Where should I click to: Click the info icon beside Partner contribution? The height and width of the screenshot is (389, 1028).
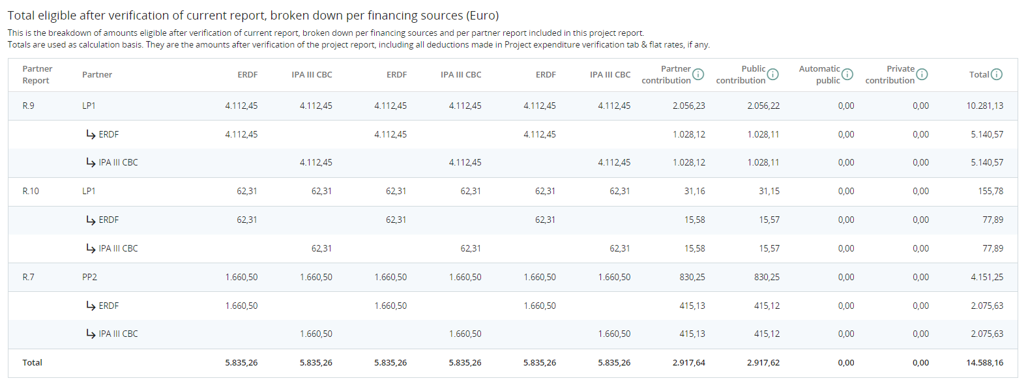click(x=698, y=74)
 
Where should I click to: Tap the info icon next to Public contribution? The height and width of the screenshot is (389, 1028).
click(x=772, y=74)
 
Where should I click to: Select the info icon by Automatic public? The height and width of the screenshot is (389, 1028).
click(x=847, y=74)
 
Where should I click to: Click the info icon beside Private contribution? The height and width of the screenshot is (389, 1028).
click(x=922, y=74)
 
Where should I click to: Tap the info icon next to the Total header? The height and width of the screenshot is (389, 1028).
click(x=997, y=74)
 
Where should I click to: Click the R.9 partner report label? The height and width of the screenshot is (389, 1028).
click(x=29, y=106)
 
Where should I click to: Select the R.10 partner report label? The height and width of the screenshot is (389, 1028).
click(x=31, y=191)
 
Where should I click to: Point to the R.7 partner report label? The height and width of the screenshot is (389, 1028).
click(x=29, y=277)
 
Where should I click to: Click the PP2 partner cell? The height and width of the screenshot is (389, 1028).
click(x=89, y=277)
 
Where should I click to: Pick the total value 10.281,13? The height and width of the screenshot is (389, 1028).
click(x=984, y=106)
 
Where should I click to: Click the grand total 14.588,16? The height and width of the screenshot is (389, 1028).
click(x=984, y=362)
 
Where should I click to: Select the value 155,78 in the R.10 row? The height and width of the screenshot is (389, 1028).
click(x=990, y=191)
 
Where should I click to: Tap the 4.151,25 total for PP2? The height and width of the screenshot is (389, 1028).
click(x=987, y=277)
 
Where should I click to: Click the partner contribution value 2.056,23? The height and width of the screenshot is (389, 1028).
click(x=688, y=106)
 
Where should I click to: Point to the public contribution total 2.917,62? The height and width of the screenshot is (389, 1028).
click(x=763, y=362)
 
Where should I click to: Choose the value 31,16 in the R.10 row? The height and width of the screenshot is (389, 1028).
click(x=694, y=191)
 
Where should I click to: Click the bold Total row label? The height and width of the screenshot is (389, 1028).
click(x=32, y=362)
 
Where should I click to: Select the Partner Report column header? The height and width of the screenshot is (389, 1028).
click(x=37, y=74)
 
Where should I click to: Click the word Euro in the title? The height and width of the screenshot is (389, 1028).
click(x=482, y=15)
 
